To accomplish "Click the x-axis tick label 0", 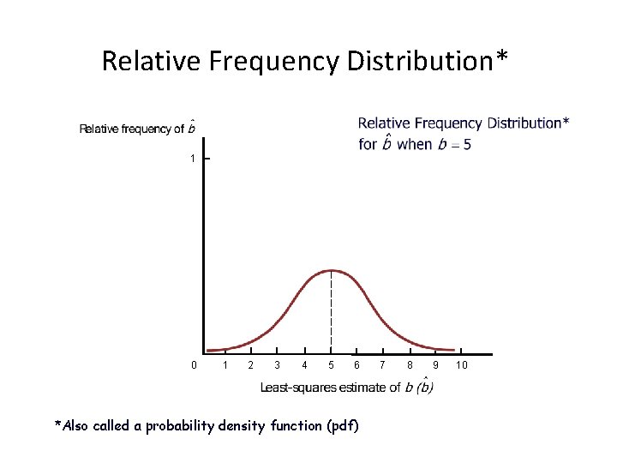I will tap(194, 366).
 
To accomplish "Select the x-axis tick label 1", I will tap(225, 366).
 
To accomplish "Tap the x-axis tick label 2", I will tap(250, 366).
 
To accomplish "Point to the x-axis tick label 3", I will tap(277, 366).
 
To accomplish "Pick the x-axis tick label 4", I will tap(304, 366).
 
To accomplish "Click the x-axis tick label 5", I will tap(331, 366).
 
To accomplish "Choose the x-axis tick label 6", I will tap(357, 366).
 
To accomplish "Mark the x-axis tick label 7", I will tap(384, 366).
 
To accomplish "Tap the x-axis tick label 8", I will tap(410, 366).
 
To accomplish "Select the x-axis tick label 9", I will tap(436, 366).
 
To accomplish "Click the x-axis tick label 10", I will tap(462, 366).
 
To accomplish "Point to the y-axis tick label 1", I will tap(194, 159).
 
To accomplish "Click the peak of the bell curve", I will tap(332, 271).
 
